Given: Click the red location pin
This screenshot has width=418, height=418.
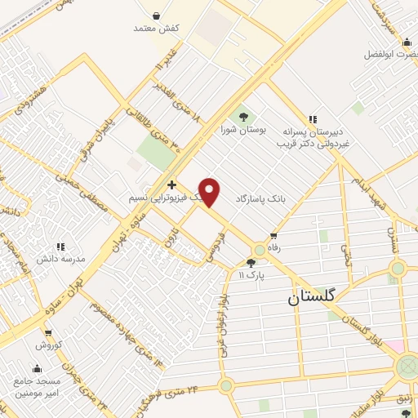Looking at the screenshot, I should pyautogui.click(x=210, y=191).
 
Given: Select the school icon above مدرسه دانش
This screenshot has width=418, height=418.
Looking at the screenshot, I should pyautogui.click(x=60, y=246).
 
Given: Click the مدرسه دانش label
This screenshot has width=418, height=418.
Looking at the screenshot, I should pyautogui.click(x=60, y=259).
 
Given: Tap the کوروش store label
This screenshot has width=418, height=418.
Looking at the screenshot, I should pyautogui.click(x=48, y=345).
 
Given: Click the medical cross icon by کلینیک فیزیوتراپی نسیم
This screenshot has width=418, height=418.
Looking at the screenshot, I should pyautogui.click(x=171, y=185).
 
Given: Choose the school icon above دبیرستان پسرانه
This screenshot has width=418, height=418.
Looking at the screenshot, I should pyautogui.click(x=312, y=118).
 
